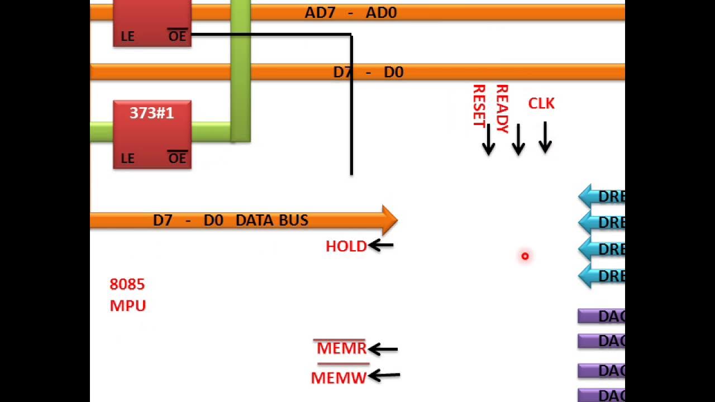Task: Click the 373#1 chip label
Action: coord(151,113)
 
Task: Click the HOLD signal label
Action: coord(346,246)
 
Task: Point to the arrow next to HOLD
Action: coord(381,245)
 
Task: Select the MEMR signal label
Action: coord(341,348)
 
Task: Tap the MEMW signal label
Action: coord(339,378)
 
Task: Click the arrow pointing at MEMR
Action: coord(383,350)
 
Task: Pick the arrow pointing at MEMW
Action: coord(384,375)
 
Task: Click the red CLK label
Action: coord(541,104)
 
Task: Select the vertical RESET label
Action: coord(479,106)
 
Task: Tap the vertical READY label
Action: coord(502,108)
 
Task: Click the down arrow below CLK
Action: coord(545,138)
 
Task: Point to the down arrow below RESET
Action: coord(488,140)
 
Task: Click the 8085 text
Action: coord(127,284)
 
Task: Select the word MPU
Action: coord(128,306)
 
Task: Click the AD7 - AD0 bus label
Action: coord(350,13)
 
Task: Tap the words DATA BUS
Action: coord(271,221)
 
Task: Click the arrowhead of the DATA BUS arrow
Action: coord(389,220)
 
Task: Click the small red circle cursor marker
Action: coord(525,256)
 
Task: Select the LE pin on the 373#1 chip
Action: coord(127,159)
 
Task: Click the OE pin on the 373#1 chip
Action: coord(177,159)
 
